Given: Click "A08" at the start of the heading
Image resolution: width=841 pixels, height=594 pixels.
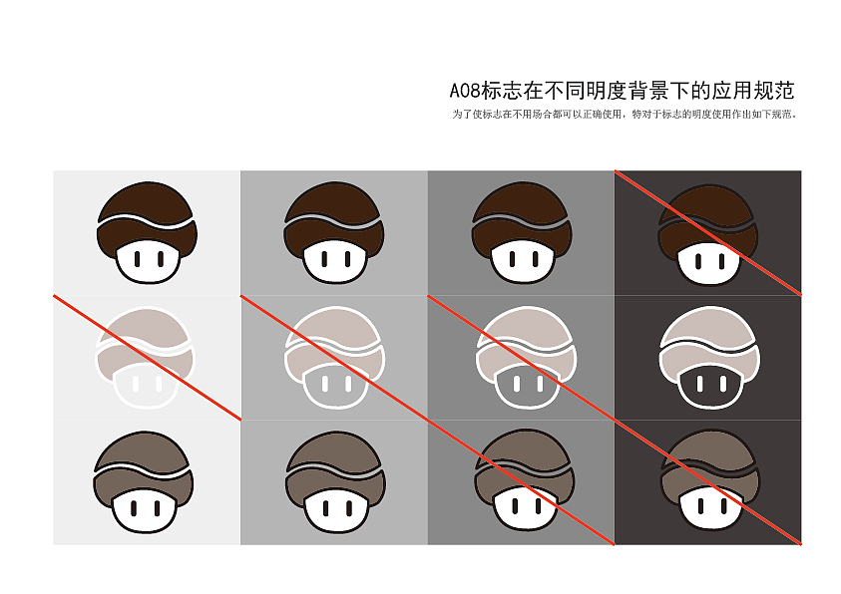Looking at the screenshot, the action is point(465,91).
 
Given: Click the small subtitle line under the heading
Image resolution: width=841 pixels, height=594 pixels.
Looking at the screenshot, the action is point(624,114).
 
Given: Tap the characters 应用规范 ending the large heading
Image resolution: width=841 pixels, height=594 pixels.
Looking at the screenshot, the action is point(752,91).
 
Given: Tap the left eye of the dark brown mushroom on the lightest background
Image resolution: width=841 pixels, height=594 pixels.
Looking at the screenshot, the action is point(138,259).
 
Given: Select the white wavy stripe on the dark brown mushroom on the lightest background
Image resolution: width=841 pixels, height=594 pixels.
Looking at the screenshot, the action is point(145,220).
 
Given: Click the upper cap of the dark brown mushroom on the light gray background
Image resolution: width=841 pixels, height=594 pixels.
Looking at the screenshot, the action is point(333,202).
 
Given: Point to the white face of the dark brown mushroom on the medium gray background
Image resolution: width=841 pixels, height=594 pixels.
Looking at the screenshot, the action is point(523,262).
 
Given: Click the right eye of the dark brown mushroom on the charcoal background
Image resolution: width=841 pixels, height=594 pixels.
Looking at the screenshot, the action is point(721,261).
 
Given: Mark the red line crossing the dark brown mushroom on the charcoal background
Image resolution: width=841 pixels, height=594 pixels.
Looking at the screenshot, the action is point(708,233).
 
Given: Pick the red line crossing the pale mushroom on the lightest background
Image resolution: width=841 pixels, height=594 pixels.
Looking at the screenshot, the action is point(147,358).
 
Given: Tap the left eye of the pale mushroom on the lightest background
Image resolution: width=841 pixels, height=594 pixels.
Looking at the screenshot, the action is point(135,384).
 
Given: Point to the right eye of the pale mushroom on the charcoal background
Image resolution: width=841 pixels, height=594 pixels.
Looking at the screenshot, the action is point(723,384).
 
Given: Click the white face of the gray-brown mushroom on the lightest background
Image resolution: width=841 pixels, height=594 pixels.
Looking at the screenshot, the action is point(145,511).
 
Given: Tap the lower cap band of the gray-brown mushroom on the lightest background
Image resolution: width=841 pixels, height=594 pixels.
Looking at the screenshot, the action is point(143,486).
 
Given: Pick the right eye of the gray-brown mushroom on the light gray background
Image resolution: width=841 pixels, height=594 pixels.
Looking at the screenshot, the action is point(349,507).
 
